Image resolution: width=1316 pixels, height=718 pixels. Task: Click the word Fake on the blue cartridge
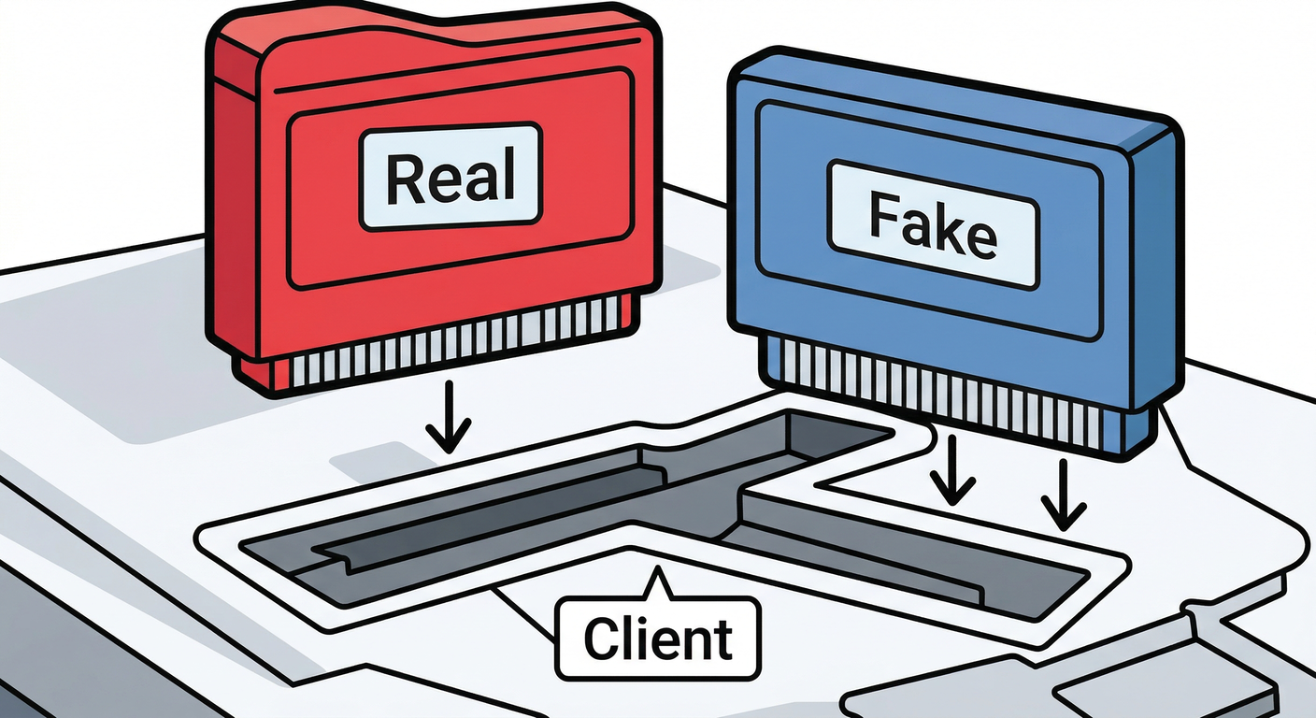[x=933, y=227]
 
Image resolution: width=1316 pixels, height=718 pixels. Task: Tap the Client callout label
[x=658, y=638]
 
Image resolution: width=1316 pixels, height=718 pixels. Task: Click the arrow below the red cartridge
[x=449, y=417]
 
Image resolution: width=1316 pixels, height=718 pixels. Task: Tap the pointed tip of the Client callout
[x=659, y=567]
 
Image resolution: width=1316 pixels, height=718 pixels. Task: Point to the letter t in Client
[x=722, y=639]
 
